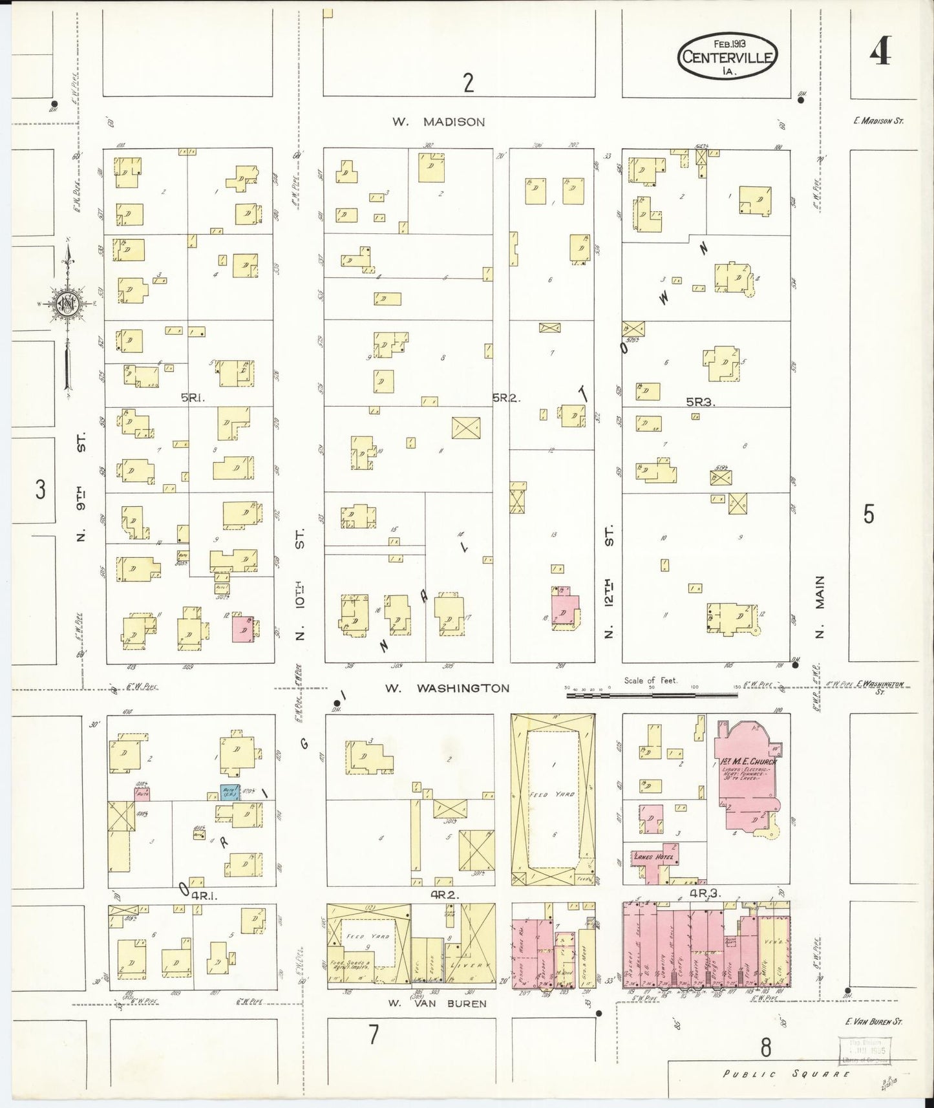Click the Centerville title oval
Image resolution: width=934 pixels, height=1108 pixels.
pyautogui.click(x=727, y=56)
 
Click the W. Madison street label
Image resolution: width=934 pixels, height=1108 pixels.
pyautogui.click(x=438, y=122)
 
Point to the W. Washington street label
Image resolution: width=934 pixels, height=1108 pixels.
pyautogui.click(x=447, y=688)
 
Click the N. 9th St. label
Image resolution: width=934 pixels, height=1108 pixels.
pyautogui.click(x=81, y=490)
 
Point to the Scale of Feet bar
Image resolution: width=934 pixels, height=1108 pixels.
pyautogui.click(x=652, y=695)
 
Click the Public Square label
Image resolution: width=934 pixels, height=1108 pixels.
pyautogui.click(x=786, y=1074)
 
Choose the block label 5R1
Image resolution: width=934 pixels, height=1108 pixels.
pyautogui.click(x=193, y=399)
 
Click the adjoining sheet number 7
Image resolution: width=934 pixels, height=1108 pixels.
pyautogui.click(x=373, y=1035)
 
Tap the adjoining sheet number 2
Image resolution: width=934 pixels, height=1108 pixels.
pyautogui.click(x=469, y=83)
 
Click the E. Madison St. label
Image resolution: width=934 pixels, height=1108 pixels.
pyautogui.click(x=876, y=121)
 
